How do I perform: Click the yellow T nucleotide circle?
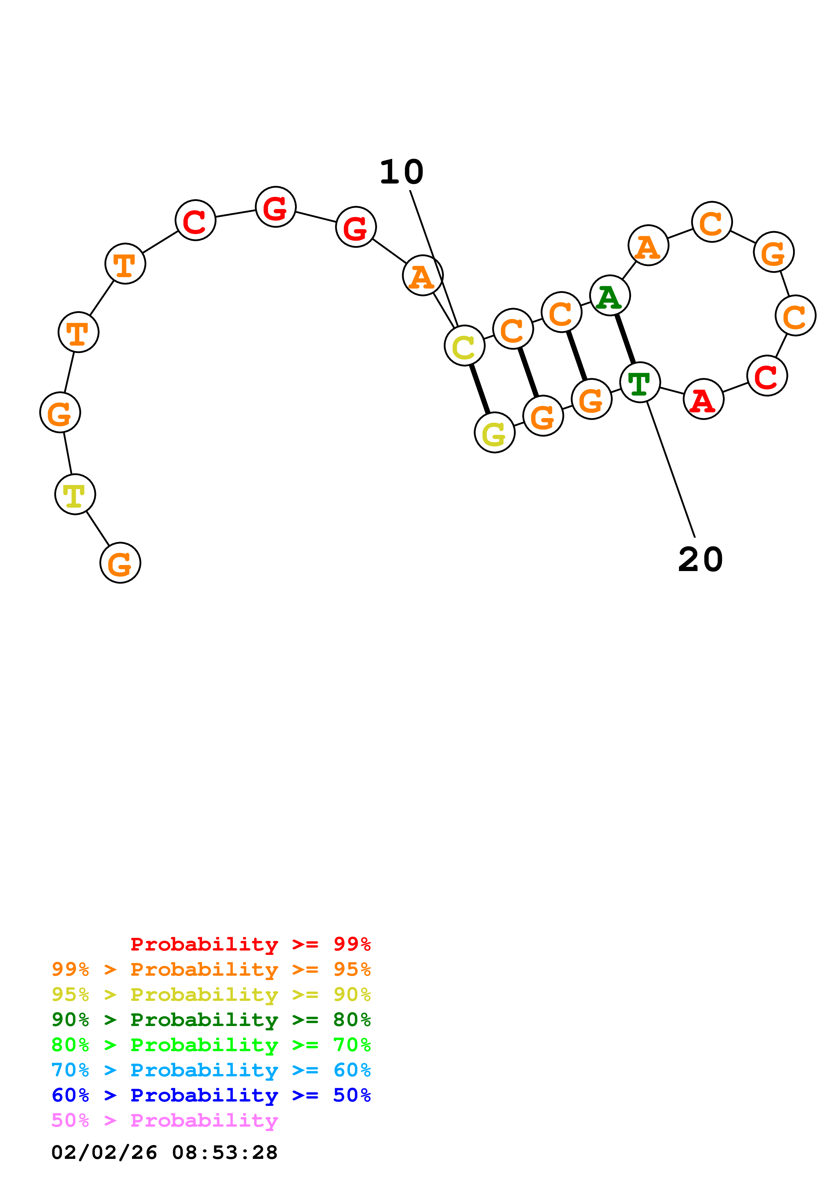click(x=76, y=494)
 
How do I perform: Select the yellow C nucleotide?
click(x=464, y=346)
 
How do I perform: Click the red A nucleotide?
click(x=703, y=399)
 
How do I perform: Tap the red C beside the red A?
click(x=767, y=376)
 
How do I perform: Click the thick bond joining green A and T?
click(x=625, y=339)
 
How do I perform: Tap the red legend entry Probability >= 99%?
click(x=250, y=944)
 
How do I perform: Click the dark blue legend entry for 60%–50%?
click(x=211, y=1095)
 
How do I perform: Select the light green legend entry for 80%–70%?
click(x=211, y=1045)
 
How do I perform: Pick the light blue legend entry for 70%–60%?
click(x=211, y=1070)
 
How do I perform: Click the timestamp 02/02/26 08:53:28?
click(x=164, y=1153)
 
